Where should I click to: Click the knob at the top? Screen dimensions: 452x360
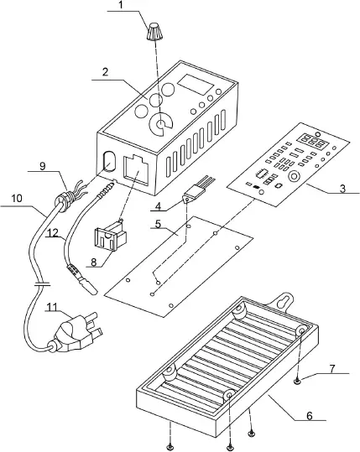(x=154, y=33)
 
